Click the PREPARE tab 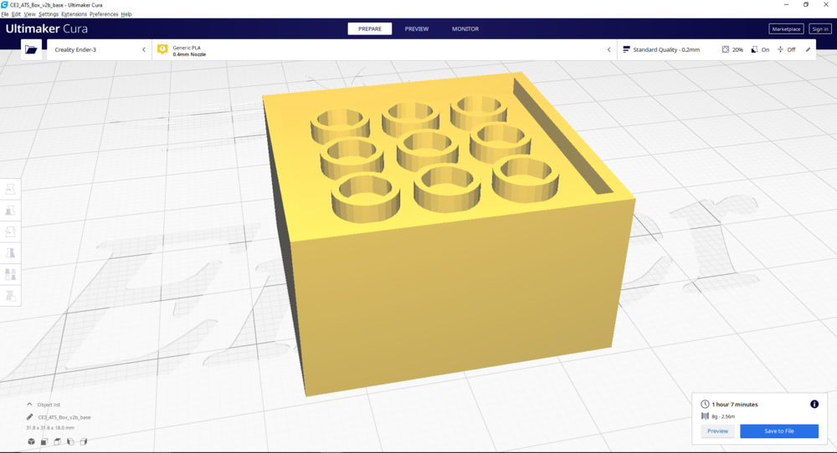369,28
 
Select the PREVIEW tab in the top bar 416,28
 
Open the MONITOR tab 465,28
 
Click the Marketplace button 786,28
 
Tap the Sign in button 820,28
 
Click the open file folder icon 31,49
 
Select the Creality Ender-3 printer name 75,49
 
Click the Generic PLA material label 187,48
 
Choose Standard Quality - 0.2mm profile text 666,49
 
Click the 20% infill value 737,49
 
